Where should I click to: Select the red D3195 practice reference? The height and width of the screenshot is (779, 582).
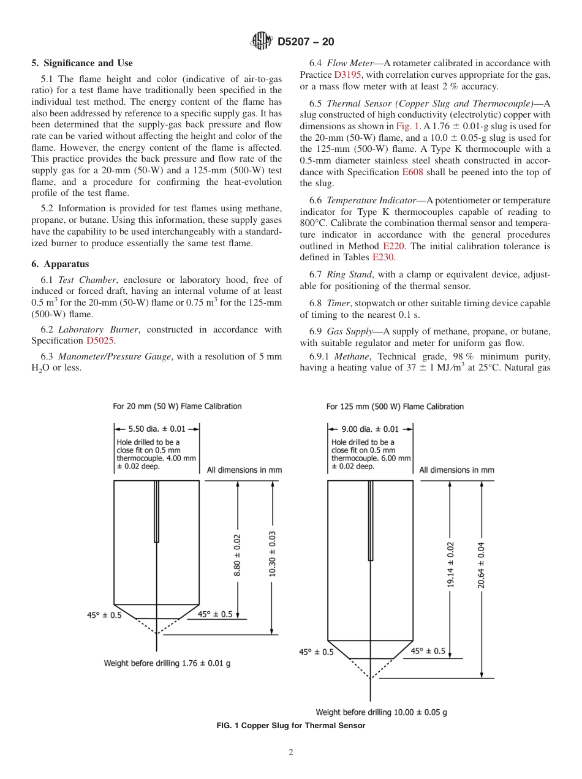(x=347, y=75)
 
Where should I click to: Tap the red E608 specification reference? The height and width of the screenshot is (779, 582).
(x=414, y=172)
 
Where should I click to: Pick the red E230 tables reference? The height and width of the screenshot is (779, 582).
(x=383, y=257)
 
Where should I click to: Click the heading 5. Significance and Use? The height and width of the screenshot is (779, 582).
(x=82, y=63)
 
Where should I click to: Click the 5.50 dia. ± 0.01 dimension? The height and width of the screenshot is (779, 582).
(x=156, y=429)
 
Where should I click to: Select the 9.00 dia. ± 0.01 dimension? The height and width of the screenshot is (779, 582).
(x=369, y=429)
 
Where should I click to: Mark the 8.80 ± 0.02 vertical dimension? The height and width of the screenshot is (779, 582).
(x=238, y=555)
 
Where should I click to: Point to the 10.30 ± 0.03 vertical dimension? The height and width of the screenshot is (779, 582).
(x=273, y=554)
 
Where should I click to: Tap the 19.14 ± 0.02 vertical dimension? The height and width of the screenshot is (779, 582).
(x=450, y=565)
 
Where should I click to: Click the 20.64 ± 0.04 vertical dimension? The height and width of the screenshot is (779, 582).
(x=482, y=565)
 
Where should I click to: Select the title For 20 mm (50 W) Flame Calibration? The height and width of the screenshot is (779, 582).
(x=177, y=406)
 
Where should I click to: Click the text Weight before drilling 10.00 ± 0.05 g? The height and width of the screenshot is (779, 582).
(x=381, y=712)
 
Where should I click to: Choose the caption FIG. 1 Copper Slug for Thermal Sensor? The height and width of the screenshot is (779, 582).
(x=291, y=726)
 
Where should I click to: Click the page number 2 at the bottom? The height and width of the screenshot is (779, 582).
(x=291, y=753)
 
